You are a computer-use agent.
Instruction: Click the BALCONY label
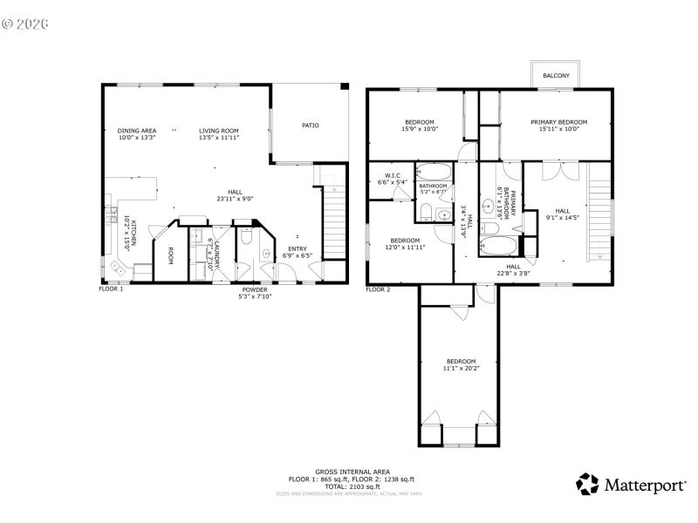pyautogui.click(x=556, y=76)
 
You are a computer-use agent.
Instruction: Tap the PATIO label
pyautogui.click(x=310, y=126)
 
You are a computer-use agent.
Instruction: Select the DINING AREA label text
pyautogui.click(x=137, y=130)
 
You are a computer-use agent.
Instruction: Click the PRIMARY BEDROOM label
pyautogui.click(x=559, y=122)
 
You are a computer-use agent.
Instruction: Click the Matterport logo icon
pyautogui.click(x=588, y=484)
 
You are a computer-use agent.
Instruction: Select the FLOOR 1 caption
pyautogui.click(x=111, y=289)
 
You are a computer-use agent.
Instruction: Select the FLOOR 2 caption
pyautogui.click(x=378, y=289)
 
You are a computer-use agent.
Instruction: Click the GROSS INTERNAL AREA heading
pyautogui.click(x=352, y=472)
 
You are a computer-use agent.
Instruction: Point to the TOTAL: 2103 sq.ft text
pyautogui.click(x=352, y=486)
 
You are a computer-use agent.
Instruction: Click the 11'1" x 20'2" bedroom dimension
pyautogui.click(x=461, y=368)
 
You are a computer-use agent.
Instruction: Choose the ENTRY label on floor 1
pyautogui.click(x=298, y=248)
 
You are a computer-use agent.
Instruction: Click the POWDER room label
pyautogui.click(x=255, y=289)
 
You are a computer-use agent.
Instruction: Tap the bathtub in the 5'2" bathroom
pyautogui.click(x=433, y=171)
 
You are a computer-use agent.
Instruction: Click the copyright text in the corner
pyautogui.click(x=24, y=23)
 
